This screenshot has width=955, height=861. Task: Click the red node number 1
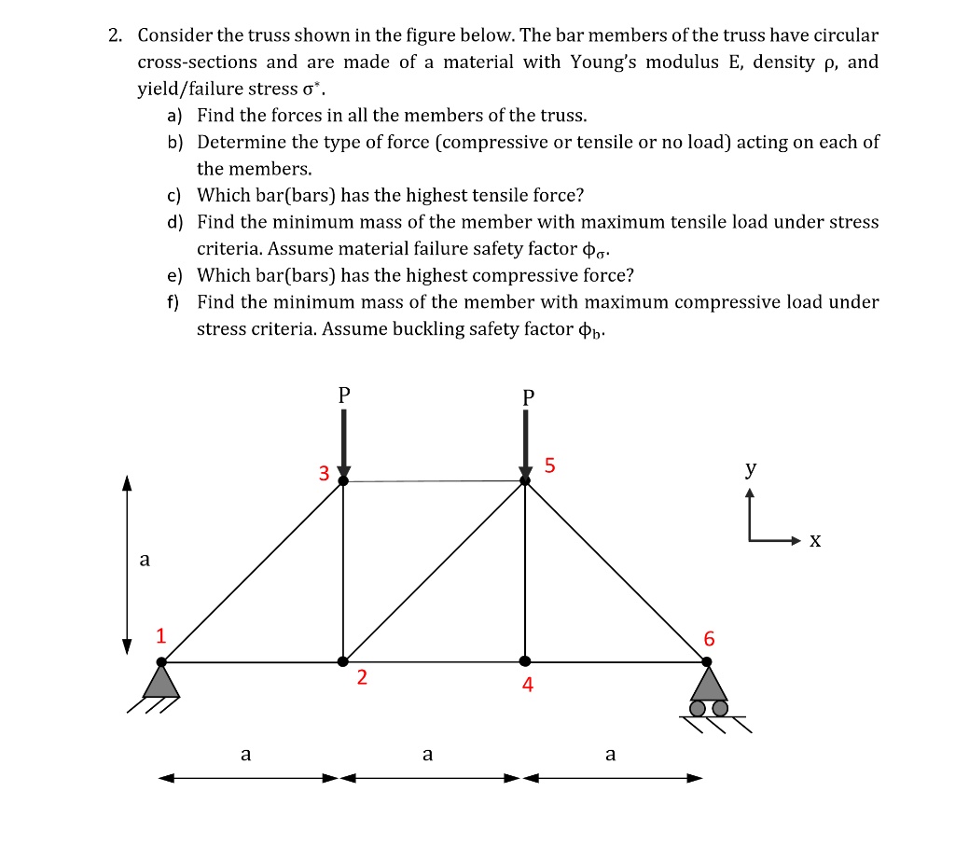160,637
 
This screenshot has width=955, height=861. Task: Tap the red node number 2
362,678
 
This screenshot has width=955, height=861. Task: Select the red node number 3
324,473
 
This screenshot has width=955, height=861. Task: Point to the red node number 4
528,686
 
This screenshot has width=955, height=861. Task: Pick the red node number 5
549,465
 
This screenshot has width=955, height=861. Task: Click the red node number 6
711,639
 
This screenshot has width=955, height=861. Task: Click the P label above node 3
344,395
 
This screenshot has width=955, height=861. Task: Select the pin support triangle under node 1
161,682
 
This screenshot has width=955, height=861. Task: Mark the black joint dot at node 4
525,660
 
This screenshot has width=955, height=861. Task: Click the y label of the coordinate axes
751,469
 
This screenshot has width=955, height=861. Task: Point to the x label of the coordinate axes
815,540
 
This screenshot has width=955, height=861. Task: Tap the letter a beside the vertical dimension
144,560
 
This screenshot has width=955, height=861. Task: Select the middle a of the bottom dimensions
427,754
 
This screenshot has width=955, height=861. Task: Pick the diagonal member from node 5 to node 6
616,571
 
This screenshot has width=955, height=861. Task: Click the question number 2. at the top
115,36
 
